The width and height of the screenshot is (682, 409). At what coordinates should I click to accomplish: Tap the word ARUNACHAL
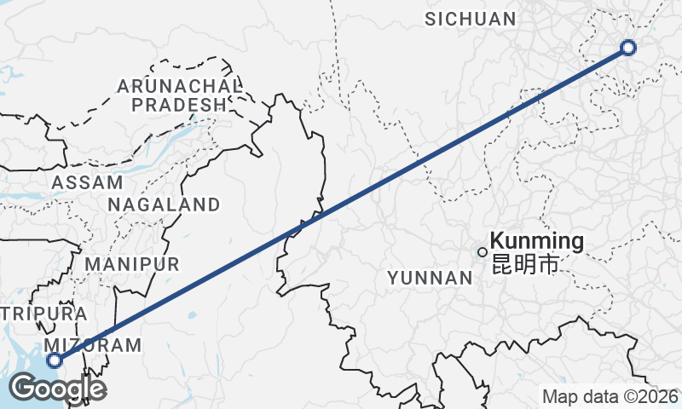(179, 86)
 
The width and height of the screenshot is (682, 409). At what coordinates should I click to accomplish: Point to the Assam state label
(87, 182)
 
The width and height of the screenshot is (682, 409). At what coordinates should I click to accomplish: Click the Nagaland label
(164, 204)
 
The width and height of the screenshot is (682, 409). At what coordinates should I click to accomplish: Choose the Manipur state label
(131, 263)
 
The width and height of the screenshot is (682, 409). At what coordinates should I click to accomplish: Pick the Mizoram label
(94, 345)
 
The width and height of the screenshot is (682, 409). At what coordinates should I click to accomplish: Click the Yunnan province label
(430, 278)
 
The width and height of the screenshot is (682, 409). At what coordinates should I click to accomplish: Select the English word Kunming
(537, 241)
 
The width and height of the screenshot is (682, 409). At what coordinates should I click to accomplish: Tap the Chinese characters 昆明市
(525, 264)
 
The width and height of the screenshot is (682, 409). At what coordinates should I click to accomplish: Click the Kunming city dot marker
(483, 252)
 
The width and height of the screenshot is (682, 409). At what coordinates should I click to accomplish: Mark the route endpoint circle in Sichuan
(628, 48)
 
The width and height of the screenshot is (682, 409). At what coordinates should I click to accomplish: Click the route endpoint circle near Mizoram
(55, 360)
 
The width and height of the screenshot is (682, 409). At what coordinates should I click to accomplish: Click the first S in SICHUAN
(431, 19)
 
